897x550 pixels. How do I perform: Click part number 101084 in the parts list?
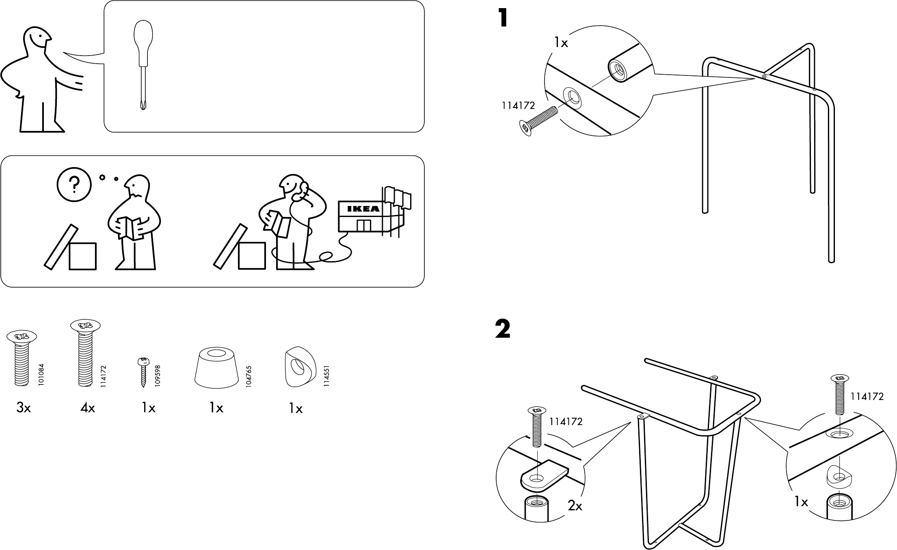tap(41, 375)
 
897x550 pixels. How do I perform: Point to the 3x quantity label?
tap(24, 408)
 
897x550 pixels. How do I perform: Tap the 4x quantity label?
tap(88, 408)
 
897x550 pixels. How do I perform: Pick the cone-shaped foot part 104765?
tap(216, 367)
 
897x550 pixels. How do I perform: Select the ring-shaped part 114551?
tap(300, 367)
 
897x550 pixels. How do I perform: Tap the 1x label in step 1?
tap(561, 43)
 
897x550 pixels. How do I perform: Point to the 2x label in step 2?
tap(575, 506)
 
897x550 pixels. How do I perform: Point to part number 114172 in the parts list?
tap(103, 376)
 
